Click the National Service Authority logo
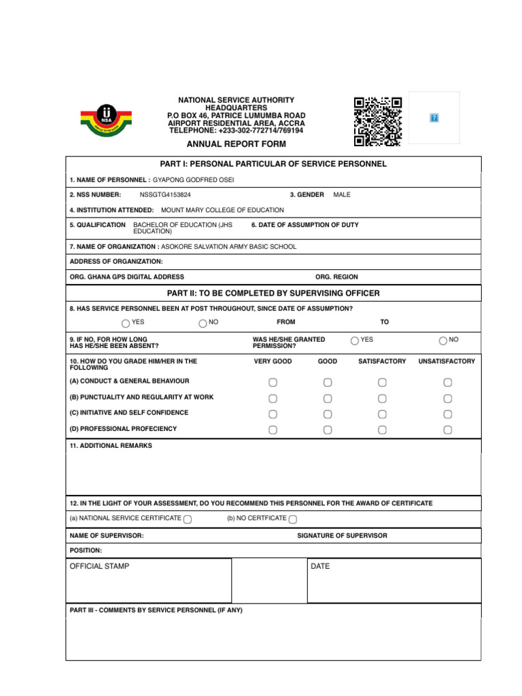[106, 120]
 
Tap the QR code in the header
[377, 122]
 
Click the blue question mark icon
[434, 118]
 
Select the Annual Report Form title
[237, 144]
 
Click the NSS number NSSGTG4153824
[165, 195]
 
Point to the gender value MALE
[342, 195]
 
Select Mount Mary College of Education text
[222, 211]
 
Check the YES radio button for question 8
[126, 324]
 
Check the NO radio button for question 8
[203, 324]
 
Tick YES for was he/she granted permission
[355, 341]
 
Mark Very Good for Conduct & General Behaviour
[273, 383]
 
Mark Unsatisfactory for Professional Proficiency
[447, 430]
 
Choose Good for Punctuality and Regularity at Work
[328, 398]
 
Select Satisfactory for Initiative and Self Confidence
[382, 414]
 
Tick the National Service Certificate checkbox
[188, 519]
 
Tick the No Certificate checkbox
[292, 519]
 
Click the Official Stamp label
[99, 566]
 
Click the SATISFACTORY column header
[382, 362]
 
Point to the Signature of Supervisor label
[342, 536]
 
